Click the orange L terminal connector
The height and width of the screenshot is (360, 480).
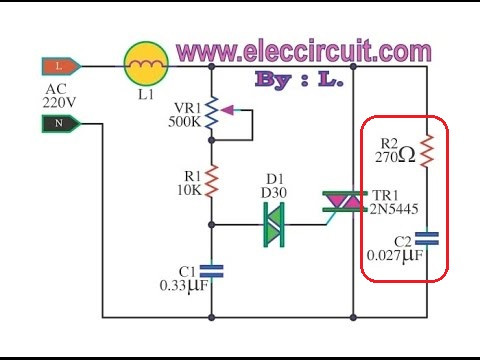(x=61, y=66)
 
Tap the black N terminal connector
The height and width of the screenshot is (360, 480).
(x=61, y=124)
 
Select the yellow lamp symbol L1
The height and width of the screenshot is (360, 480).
(x=146, y=64)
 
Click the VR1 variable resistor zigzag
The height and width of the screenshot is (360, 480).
(x=211, y=113)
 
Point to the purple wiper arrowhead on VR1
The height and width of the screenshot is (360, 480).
(x=227, y=110)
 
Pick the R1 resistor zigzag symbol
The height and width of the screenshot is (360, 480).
(x=211, y=181)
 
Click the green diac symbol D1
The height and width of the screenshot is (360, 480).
(x=274, y=224)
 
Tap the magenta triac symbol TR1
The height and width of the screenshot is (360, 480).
(x=345, y=202)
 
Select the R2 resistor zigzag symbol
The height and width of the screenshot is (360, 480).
(x=427, y=151)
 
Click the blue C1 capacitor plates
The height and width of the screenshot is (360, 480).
(x=211, y=271)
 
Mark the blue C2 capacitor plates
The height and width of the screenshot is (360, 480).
(x=427, y=239)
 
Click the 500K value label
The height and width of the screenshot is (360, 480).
(x=185, y=122)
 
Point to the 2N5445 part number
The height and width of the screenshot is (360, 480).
(x=394, y=209)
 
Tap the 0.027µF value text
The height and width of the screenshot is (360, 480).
(x=395, y=256)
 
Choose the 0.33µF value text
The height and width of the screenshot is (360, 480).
(x=184, y=286)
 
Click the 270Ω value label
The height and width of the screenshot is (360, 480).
(x=395, y=156)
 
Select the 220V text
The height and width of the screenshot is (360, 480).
(x=59, y=103)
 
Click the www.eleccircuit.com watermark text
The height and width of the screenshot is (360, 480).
(x=304, y=51)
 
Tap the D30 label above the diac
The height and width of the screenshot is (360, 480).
(x=274, y=193)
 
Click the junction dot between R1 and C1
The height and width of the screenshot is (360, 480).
(x=211, y=225)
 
